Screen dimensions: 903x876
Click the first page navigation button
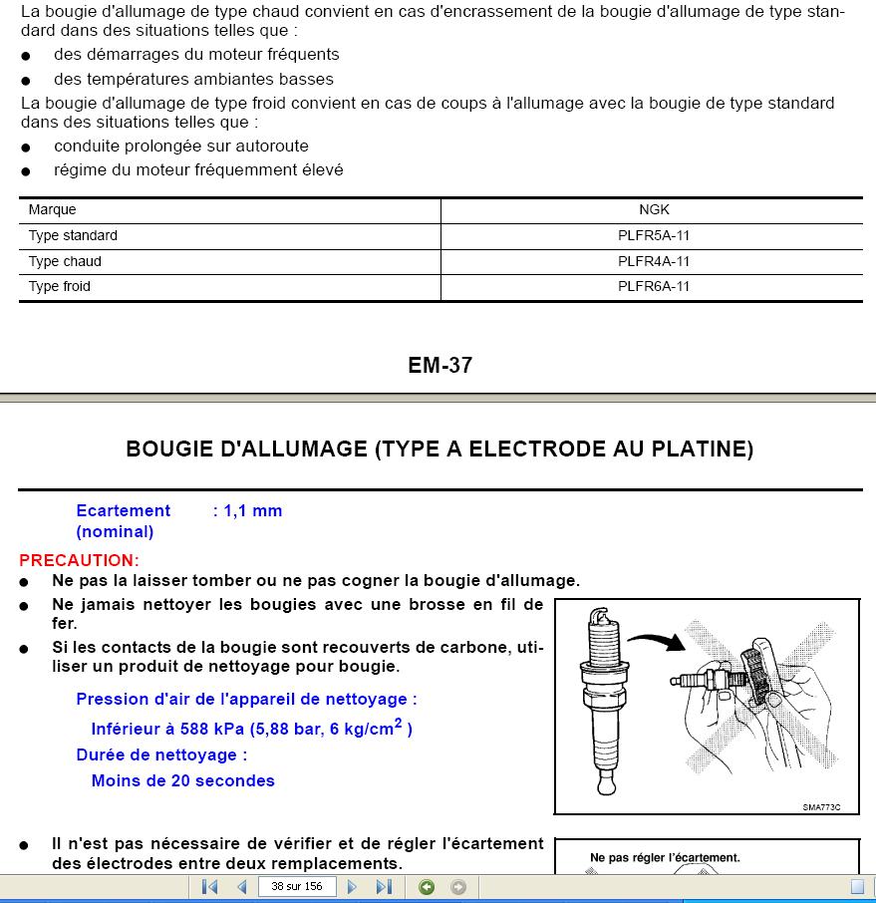click(209, 887)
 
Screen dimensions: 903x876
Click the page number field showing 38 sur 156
click(297, 887)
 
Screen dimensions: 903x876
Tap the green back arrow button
click(427, 887)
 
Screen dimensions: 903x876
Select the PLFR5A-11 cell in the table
click(654, 236)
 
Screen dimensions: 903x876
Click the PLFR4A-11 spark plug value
click(654, 262)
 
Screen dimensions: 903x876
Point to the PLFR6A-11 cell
click(654, 287)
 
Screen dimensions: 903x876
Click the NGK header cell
click(654, 210)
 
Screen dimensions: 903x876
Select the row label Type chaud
click(65, 262)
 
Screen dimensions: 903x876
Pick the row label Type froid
click(60, 287)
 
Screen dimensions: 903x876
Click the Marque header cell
click(52, 210)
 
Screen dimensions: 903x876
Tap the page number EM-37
click(439, 365)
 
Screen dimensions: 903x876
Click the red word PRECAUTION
click(79, 560)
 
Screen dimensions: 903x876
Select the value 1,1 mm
click(253, 511)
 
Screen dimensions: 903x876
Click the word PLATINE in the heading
click(703, 450)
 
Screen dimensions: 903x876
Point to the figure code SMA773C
click(821, 807)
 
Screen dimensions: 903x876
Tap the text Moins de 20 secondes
click(182, 781)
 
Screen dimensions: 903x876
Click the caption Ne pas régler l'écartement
click(665, 857)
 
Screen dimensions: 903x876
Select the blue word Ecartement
click(123, 511)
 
